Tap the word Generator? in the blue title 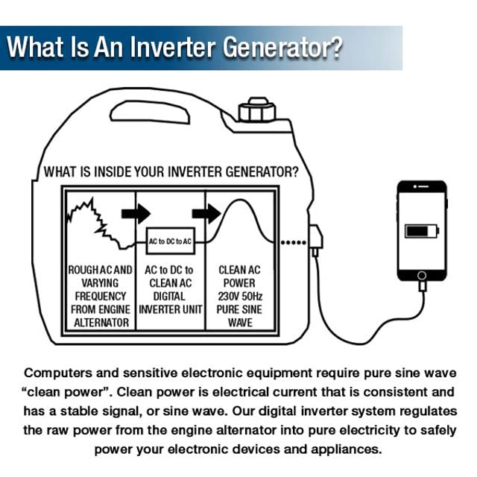point(279,48)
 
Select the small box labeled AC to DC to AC point(171,242)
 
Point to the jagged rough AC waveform point(93,220)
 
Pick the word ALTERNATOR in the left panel point(100,323)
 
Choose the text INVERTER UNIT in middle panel point(171,309)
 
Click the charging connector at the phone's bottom point(422,285)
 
